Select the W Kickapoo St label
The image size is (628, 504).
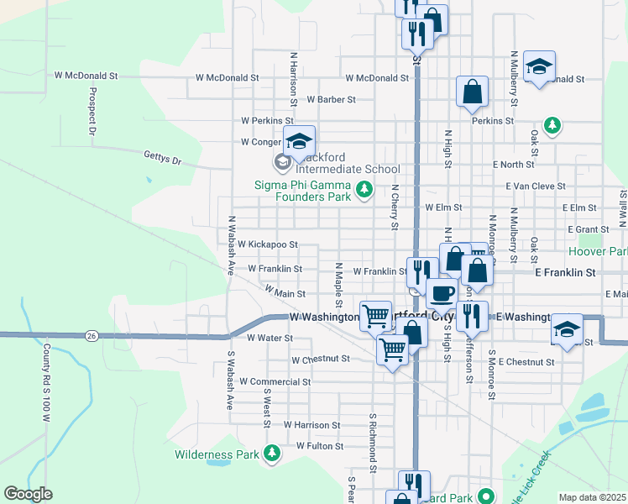click(x=268, y=244)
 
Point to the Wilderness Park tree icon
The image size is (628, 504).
click(x=271, y=454)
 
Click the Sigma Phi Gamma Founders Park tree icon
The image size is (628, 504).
click(x=364, y=191)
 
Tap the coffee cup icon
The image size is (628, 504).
click(x=442, y=294)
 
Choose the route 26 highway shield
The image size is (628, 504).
click(x=91, y=335)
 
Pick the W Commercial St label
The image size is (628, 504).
click(x=275, y=381)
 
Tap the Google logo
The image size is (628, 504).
click(x=28, y=494)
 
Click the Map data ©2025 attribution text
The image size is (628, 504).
click(x=592, y=497)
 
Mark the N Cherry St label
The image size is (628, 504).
click(x=394, y=207)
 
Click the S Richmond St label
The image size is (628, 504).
click(x=370, y=442)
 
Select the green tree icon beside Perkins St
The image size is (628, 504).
click(x=552, y=126)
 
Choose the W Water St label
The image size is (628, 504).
click(x=270, y=338)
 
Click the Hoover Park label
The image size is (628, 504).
click(x=598, y=251)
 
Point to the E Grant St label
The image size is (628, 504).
click(x=588, y=228)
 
